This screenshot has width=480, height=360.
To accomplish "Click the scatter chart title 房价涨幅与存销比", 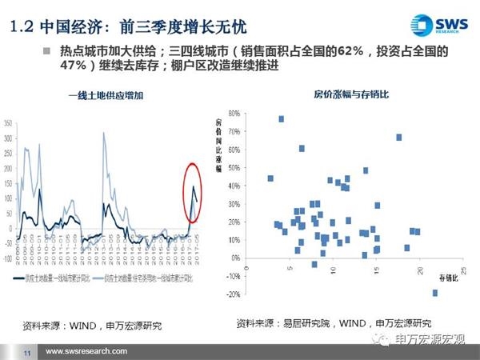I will coord(345,95).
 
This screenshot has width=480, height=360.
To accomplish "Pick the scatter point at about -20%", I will coord(435,293).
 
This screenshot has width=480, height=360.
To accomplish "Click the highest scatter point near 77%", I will coord(282,119).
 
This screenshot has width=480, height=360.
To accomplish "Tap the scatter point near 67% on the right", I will coord(398,138).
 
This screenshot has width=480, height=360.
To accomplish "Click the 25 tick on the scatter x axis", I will coord(464,269).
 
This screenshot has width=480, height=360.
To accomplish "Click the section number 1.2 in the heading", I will coord(21,25).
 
